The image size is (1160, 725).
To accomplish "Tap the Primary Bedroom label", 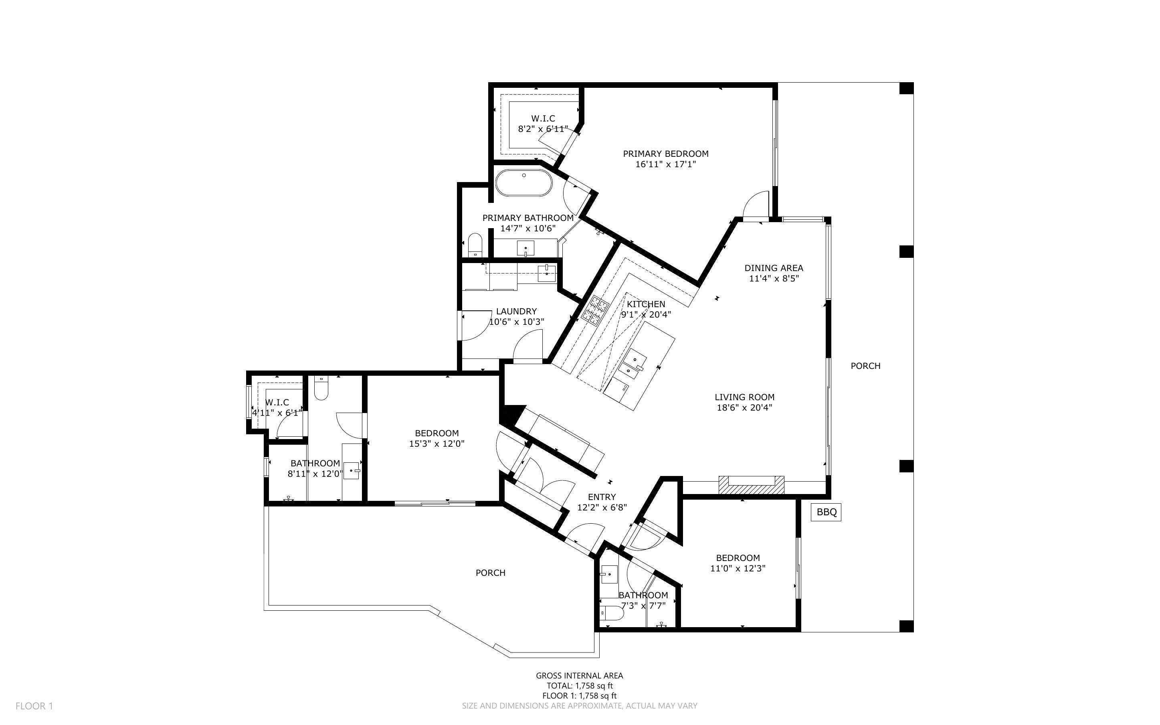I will coord(665,154).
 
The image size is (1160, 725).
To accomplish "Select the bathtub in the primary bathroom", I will coord(524,183).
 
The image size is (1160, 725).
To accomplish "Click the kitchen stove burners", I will coord(594,310).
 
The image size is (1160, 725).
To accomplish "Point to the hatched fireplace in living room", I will coord(751,485).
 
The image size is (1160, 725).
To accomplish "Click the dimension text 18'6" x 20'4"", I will coord(744,407).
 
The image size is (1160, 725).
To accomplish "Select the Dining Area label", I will coord(773,268).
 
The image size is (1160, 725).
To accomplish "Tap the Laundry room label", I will coord(516,311).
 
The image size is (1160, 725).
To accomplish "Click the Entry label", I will coord(602,497).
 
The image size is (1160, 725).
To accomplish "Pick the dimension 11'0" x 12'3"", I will coord(738,568).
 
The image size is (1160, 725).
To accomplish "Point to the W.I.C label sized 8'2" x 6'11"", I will coord(543,118).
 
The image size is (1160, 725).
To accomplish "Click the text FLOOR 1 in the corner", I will coord(34,706).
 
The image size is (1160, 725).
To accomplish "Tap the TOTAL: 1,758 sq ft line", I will coord(579,686).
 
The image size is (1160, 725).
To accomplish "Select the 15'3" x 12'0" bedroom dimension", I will coord(437,444).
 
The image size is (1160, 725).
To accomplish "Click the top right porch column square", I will coord(906,89).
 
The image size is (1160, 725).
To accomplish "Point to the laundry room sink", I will coord(546,273).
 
